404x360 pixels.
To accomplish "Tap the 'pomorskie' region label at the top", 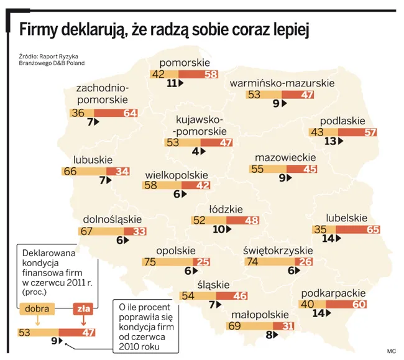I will coord(185,62).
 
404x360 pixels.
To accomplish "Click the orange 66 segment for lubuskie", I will coord(84,171).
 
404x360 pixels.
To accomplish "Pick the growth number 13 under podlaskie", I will coord(330,142).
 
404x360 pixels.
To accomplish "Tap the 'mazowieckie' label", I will coord(285,158).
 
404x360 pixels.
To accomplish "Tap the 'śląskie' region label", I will coord(213,284).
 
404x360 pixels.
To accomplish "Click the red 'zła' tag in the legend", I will coord(82,308).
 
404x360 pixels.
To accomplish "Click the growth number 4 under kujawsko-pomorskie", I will coord(195,151).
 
